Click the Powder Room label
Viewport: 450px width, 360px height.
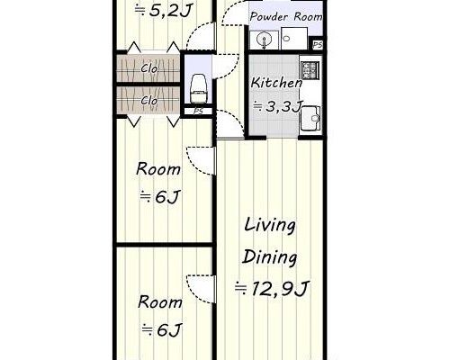click(286, 16)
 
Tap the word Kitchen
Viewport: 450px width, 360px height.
click(276, 83)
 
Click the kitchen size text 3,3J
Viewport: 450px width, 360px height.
click(283, 106)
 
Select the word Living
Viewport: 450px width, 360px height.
click(270, 226)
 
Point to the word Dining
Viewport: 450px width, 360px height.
click(270, 257)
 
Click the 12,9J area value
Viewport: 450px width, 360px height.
click(280, 289)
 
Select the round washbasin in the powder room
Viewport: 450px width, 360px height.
click(264, 39)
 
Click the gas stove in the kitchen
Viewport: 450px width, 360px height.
click(309, 70)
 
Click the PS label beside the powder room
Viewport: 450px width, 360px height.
click(318, 45)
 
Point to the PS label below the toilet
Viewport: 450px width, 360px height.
click(198, 112)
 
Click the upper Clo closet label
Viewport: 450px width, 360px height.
click(149, 68)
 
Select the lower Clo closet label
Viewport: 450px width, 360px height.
click(149, 101)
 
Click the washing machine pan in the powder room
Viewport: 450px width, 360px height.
click(294, 39)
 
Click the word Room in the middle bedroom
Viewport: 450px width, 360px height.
click(158, 169)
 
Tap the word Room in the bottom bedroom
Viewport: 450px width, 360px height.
click(160, 302)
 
